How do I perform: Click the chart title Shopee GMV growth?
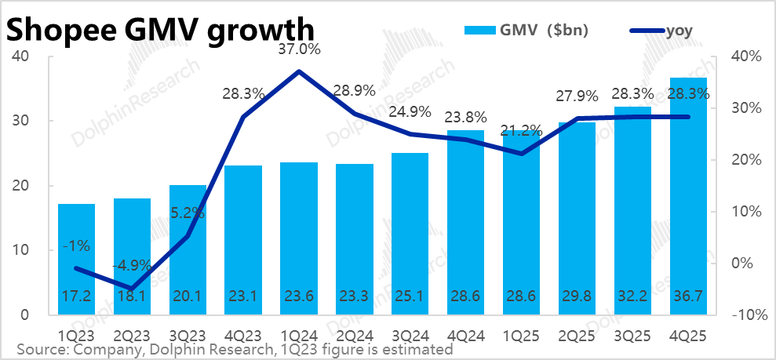point(160,30)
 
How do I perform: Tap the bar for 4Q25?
point(688,196)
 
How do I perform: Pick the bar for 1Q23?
point(76,259)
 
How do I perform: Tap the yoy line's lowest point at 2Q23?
point(132,289)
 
